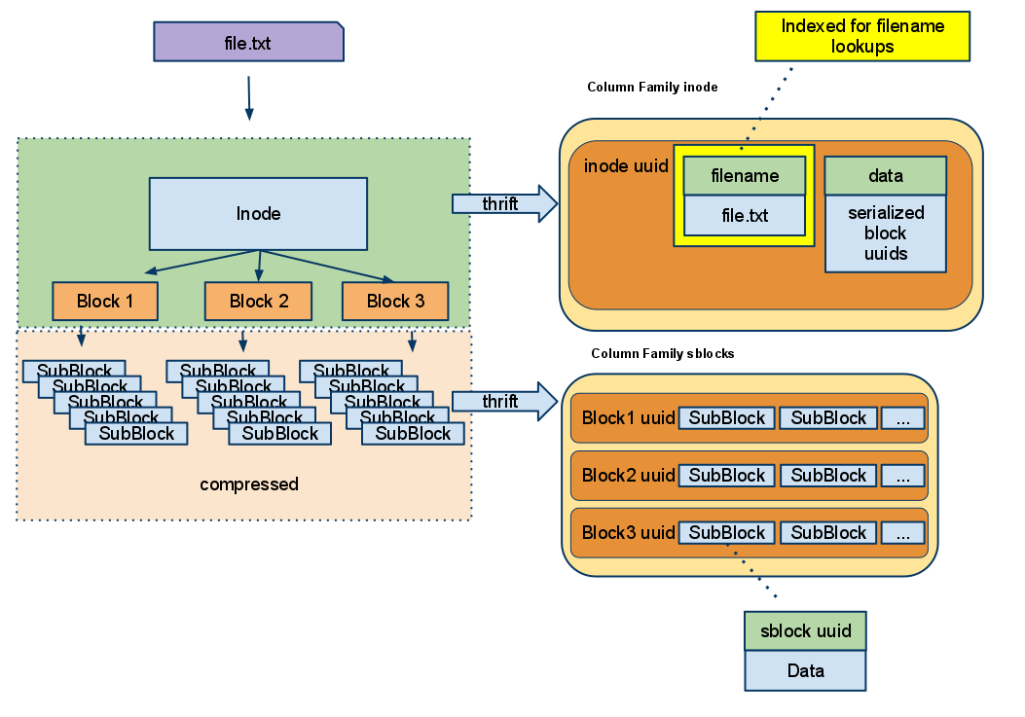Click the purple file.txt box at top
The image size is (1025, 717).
[248, 43]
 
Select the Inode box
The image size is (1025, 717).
[258, 213]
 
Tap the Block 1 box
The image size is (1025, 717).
[105, 301]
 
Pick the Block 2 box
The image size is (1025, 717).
[258, 301]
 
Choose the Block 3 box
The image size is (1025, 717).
[395, 301]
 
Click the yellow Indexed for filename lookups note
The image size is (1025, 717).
[862, 36]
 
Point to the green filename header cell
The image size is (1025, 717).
[745, 176]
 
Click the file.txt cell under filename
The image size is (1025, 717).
[745, 215]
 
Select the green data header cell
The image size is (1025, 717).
[885, 176]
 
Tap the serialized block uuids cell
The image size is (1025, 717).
[885, 233]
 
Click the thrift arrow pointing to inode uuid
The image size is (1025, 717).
[503, 203]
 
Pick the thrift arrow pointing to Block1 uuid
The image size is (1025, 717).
[503, 401]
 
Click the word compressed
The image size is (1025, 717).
[249, 484]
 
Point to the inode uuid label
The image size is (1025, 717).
[626, 166]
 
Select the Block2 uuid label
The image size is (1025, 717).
[628, 475]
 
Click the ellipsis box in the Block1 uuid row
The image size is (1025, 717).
[902, 418]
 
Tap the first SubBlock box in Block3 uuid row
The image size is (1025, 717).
[727, 532]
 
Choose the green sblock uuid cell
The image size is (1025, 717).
[805, 630]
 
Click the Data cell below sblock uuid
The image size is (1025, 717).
[805, 670]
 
